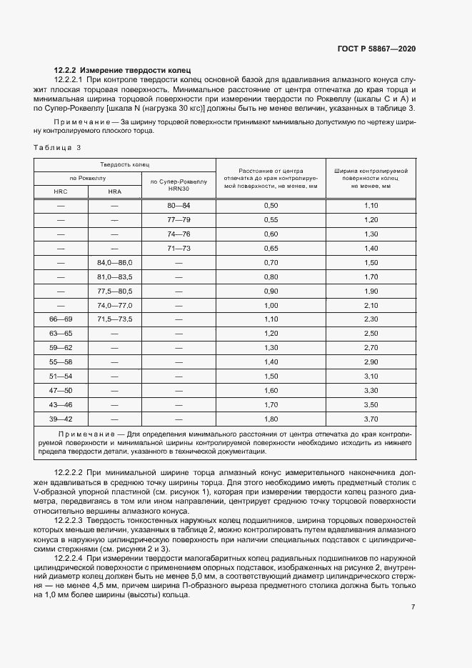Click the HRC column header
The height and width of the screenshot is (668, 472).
pyautogui.click(x=61, y=191)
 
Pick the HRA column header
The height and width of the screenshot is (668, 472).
pyautogui.click(x=115, y=191)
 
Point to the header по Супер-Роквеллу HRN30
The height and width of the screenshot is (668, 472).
pyautogui.click(x=179, y=184)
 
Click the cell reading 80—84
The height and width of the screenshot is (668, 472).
pyautogui.click(x=179, y=205)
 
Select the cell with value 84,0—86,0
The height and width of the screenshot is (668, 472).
pyautogui.click(x=115, y=262)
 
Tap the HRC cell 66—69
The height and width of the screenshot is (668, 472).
pyautogui.click(x=61, y=319)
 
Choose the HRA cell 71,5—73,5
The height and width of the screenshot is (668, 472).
pyautogui.click(x=115, y=319)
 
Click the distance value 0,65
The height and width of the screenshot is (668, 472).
pyautogui.click(x=271, y=248)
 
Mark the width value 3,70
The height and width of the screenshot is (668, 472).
pyautogui.click(x=371, y=419)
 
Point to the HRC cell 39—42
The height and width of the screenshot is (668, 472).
pyautogui.click(x=61, y=419)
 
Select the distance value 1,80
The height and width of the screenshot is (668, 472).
pyautogui.click(x=271, y=419)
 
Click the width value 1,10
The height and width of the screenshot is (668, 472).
pyautogui.click(x=371, y=205)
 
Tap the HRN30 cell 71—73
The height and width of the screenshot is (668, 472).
pyautogui.click(x=179, y=248)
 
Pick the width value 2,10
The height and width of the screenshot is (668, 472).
pyautogui.click(x=371, y=305)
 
